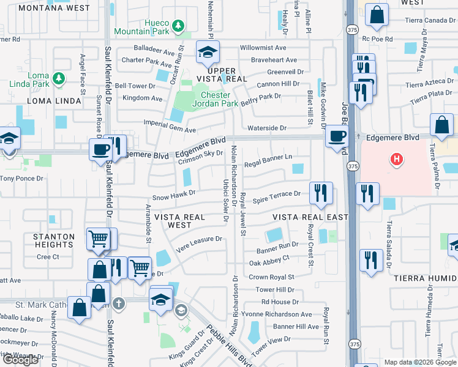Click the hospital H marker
pyautogui.click(x=397, y=160)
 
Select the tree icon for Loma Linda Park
pyautogui.click(x=58, y=78)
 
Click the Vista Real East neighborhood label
pyautogui.click(x=310, y=217)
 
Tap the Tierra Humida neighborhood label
pyautogui.click(x=423, y=278)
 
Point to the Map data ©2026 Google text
pyautogui.click(x=420, y=362)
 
